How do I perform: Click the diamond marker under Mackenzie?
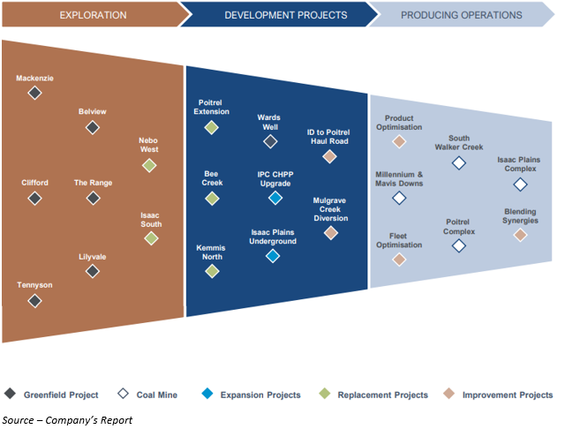[x=34, y=92]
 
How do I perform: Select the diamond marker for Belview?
[x=92, y=127]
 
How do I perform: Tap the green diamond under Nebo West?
[x=149, y=165]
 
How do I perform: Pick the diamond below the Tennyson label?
[x=34, y=301]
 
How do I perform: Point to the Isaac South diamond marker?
[x=151, y=238]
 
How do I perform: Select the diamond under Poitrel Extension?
[x=211, y=127]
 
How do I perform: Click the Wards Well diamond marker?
[x=270, y=141]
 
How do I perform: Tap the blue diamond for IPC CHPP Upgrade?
[x=274, y=199]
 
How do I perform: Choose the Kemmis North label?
[x=211, y=253]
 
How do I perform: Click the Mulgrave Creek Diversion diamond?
[x=330, y=233]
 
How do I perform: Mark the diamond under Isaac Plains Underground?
[x=273, y=256]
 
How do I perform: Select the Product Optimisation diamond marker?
[x=399, y=141]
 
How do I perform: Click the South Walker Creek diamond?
[x=458, y=162]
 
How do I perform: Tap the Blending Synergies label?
[x=520, y=216]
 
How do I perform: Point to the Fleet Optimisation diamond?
[x=399, y=260]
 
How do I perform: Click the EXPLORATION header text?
[x=93, y=15]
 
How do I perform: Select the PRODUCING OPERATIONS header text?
[x=461, y=15]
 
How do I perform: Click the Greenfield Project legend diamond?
[x=11, y=395]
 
